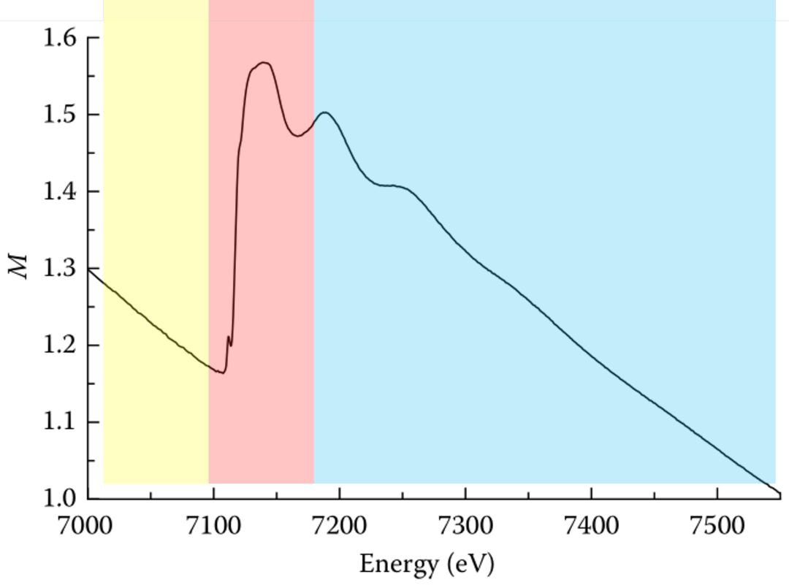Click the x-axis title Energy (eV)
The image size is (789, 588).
(x=427, y=565)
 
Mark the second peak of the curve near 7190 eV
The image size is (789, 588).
(x=324, y=112)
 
